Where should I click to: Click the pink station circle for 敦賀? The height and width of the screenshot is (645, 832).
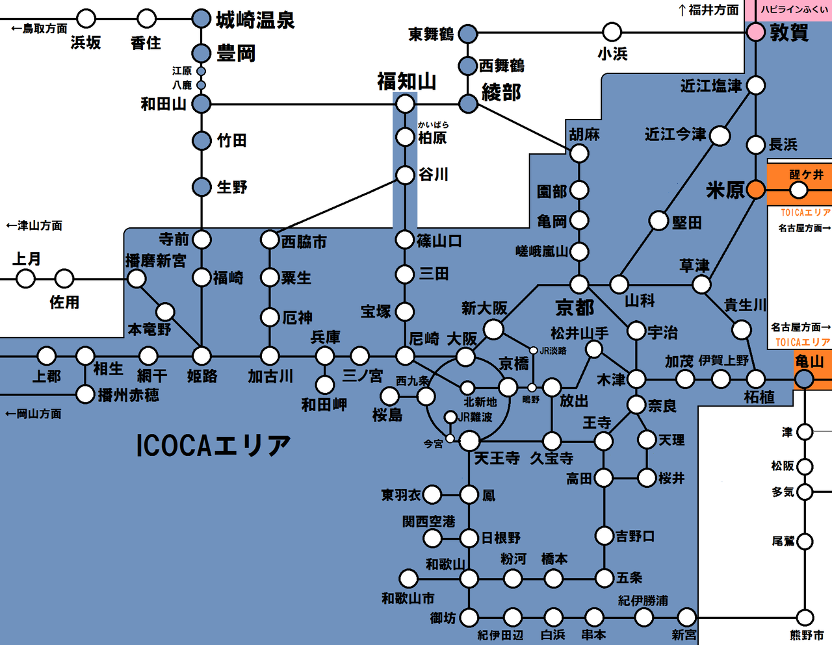pos(755,32)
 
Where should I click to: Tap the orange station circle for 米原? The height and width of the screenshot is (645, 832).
pos(755,190)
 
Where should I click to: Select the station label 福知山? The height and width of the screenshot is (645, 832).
pos(406,82)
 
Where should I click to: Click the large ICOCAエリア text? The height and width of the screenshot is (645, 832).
pos(214,446)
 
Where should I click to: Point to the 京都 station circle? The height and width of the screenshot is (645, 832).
pos(578,285)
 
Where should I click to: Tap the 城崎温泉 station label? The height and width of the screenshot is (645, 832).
pos(255,20)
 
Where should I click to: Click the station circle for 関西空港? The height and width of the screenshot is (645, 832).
pos(432,538)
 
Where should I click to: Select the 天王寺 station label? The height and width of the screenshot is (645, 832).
pos(497,459)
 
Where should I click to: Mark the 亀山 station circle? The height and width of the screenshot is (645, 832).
pos(804,379)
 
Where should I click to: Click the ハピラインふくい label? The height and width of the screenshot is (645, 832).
pos(794,10)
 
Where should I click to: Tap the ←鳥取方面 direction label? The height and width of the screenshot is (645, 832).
pos(39,29)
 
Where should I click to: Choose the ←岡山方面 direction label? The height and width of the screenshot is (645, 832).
pos(33,414)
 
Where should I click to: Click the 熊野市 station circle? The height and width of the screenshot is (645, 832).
pos(805,617)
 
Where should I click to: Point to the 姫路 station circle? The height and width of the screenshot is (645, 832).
pos(201,356)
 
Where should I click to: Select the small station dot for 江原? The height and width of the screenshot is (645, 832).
pos(201,71)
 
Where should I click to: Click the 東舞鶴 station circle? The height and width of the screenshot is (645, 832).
pos(467,34)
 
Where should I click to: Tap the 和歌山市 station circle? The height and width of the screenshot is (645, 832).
pos(408,578)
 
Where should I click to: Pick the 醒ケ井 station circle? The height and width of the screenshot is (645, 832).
pos(798,190)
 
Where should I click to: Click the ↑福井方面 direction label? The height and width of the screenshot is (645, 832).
pos(708,10)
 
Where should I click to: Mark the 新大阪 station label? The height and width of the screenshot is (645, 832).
pos(484,308)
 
